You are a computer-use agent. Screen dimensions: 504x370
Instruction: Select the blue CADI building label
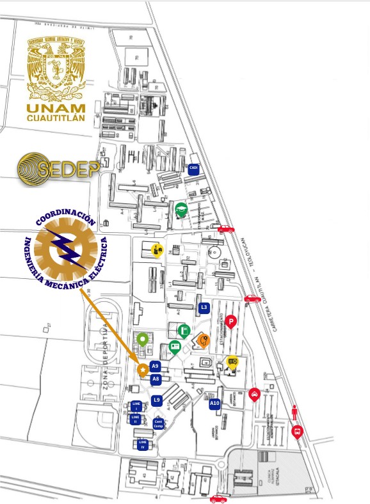point(193,168)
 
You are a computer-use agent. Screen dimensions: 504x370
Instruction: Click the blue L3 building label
point(204,308)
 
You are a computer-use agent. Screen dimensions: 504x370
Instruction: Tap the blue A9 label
point(155,366)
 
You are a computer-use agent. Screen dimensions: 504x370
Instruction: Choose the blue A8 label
point(155,379)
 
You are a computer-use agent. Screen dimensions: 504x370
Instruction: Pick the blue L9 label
point(157,400)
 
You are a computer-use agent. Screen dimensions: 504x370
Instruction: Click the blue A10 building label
point(214,403)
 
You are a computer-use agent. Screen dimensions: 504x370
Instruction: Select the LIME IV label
point(143,444)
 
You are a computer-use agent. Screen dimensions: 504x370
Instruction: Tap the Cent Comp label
point(159,423)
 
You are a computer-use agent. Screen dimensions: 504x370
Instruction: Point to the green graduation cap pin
point(182,209)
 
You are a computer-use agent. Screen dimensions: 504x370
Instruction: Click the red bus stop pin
point(297,431)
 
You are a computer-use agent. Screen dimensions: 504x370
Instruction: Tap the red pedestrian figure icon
point(294,413)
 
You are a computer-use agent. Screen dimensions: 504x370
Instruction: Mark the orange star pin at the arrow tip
point(143,370)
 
